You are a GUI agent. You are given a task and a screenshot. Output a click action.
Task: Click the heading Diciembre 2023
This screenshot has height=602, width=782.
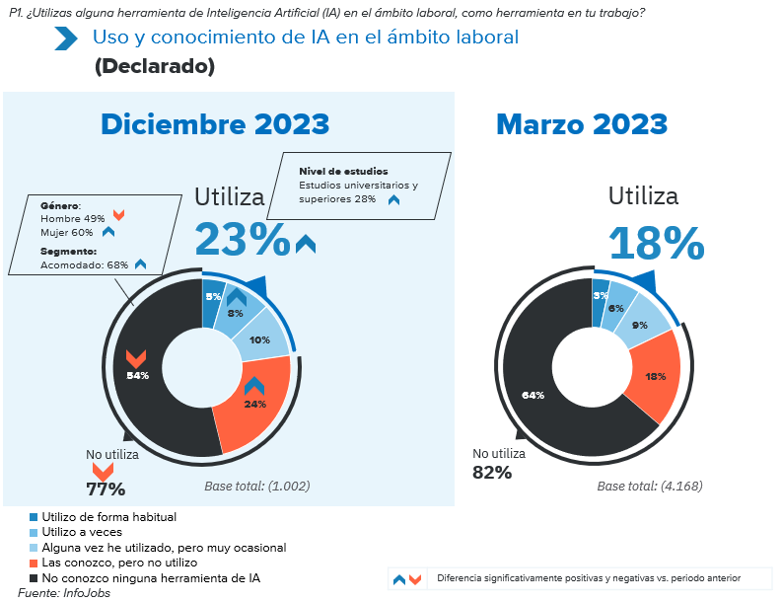215,124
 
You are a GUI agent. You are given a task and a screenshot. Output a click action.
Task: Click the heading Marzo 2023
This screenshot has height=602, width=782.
582,124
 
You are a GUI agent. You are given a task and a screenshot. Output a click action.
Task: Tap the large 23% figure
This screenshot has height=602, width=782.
243,240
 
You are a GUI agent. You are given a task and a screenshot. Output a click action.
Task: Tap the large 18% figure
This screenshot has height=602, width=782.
656,244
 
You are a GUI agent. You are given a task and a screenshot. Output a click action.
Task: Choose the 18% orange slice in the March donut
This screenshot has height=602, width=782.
655,377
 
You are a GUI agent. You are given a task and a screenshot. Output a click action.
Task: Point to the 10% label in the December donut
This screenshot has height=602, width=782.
259,339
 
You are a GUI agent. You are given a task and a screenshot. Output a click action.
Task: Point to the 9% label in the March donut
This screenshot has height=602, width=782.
640,325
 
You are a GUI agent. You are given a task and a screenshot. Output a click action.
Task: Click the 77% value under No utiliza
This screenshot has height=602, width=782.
105,489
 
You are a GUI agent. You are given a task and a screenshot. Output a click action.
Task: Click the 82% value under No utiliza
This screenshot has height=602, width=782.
492,472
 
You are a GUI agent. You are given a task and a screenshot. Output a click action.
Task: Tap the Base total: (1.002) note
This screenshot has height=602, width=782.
256,486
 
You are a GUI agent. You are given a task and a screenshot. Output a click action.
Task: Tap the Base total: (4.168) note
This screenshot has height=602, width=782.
649,486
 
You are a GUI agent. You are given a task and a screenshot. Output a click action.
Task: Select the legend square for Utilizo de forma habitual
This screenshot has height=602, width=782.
34,516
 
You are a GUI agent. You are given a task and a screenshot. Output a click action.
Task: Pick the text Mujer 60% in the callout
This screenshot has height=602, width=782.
66,232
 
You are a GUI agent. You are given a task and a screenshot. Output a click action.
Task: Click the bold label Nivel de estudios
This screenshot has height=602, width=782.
343,171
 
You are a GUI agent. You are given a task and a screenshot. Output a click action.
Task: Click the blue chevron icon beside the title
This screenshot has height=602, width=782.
66,38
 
